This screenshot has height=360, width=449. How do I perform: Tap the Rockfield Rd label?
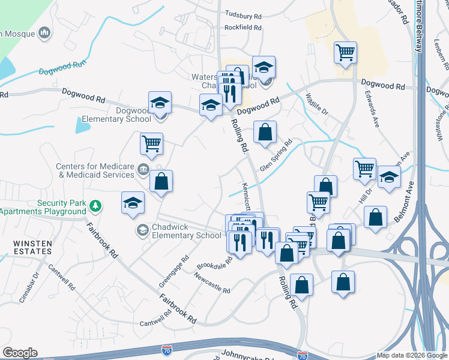[243, 28]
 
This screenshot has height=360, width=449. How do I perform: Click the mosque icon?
[44, 33]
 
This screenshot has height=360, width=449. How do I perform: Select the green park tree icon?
[95, 207]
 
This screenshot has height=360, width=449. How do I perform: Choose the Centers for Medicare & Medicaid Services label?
[95, 171]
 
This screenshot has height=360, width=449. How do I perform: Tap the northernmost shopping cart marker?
[346, 52]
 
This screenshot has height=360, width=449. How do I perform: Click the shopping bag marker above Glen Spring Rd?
[265, 131]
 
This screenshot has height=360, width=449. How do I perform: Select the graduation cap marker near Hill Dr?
[390, 178]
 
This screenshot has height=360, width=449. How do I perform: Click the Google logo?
[20, 353]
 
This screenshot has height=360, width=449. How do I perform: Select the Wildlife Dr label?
[316, 104]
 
